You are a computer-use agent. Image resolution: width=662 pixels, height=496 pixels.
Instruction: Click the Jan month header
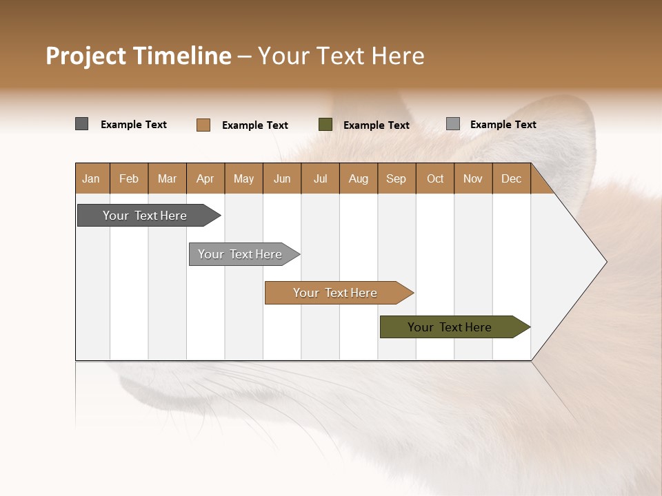[x=91, y=178]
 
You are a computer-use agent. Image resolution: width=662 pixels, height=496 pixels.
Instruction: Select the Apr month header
[x=205, y=178]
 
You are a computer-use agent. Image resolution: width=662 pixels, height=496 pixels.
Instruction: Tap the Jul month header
[x=320, y=178]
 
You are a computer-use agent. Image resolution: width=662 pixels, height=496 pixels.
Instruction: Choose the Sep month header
[x=396, y=178]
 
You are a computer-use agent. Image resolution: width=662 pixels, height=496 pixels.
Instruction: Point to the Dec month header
[x=511, y=178]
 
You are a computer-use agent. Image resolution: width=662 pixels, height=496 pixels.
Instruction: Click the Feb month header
[x=129, y=178]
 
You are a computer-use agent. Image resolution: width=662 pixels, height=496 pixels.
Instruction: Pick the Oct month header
[x=435, y=178]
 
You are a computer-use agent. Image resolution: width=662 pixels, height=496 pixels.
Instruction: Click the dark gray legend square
[x=81, y=124]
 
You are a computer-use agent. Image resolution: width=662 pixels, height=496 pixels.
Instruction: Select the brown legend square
[x=203, y=125]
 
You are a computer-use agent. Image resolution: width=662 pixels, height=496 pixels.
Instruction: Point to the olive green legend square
[x=325, y=125]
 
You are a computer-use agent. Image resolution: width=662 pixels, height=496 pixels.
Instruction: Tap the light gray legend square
[x=453, y=124]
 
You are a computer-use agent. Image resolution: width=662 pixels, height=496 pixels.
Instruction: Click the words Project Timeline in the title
[x=138, y=56]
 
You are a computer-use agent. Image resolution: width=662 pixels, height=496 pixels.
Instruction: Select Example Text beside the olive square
[x=376, y=125]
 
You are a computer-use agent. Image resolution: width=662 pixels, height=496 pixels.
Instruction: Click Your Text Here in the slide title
[x=341, y=56]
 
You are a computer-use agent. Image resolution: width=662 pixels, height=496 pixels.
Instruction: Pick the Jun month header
[x=282, y=178]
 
